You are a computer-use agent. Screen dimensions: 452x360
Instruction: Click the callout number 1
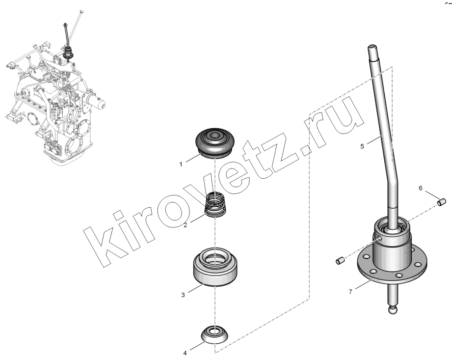coord(181,165)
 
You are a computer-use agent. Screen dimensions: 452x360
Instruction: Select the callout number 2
coord(186,225)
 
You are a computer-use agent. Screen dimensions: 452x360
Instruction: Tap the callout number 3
coord(183,295)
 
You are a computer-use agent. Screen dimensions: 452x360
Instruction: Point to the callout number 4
coord(185,353)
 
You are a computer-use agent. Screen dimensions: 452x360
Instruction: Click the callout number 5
coord(362,146)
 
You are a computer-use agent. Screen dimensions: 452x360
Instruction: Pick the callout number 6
coord(421,189)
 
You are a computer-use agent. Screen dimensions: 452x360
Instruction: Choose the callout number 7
coord(350,292)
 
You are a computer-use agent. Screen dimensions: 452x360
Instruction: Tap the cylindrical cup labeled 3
coord(215,267)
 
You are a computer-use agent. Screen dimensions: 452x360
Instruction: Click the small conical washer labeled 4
coord(215,334)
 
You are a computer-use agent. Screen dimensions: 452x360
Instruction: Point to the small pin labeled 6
coord(442,202)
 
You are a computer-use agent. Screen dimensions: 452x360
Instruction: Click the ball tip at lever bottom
coord(394,310)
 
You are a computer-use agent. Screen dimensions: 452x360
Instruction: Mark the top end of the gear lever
coord(372,47)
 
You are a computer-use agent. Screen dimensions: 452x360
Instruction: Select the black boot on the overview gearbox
coord(69,53)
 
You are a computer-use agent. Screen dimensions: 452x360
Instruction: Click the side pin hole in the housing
coord(380,238)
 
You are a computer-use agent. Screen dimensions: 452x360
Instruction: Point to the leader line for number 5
coord(375,139)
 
